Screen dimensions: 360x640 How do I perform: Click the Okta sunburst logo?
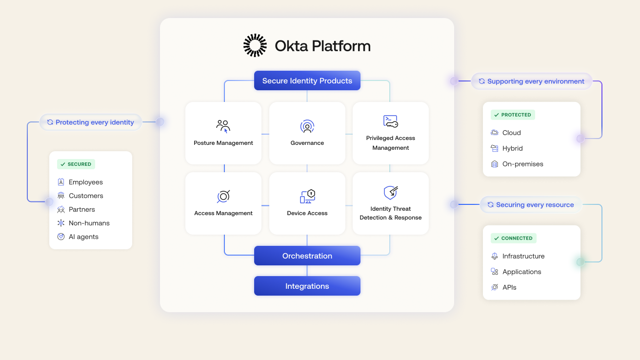pyautogui.click(x=255, y=45)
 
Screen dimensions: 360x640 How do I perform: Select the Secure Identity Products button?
pyautogui.click(x=307, y=81)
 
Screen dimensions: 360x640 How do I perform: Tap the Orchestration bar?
pyautogui.click(x=307, y=256)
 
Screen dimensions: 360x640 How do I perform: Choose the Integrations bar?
pyautogui.click(x=307, y=286)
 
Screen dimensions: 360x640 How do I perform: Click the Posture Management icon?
pyautogui.click(x=223, y=126)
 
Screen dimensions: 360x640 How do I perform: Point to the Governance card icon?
pyautogui.click(x=307, y=126)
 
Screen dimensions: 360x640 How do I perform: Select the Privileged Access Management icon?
pyautogui.click(x=390, y=121)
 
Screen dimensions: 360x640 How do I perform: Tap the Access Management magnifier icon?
pyautogui.click(x=223, y=196)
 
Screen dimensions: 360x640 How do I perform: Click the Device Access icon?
pyautogui.click(x=307, y=196)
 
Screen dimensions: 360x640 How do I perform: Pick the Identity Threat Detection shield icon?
pyautogui.click(x=390, y=193)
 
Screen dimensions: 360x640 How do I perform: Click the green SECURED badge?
pyautogui.click(x=76, y=164)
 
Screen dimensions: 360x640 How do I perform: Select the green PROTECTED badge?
pyautogui.click(x=513, y=115)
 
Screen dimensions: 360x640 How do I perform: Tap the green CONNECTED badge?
pyautogui.click(x=513, y=239)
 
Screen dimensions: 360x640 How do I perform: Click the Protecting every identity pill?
pyautogui.click(x=91, y=122)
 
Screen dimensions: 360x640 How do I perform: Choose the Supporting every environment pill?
pyautogui.click(x=531, y=81)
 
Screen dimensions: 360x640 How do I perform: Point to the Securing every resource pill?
pyautogui.click(x=531, y=205)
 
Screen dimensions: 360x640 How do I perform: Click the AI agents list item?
pyautogui.click(x=83, y=237)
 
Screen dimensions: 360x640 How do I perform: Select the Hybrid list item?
pyautogui.click(x=512, y=148)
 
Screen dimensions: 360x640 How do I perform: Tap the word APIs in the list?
pyautogui.click(x=509, y=287)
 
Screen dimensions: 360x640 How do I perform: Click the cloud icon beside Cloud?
pyautogui.click(x=495, y=133)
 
